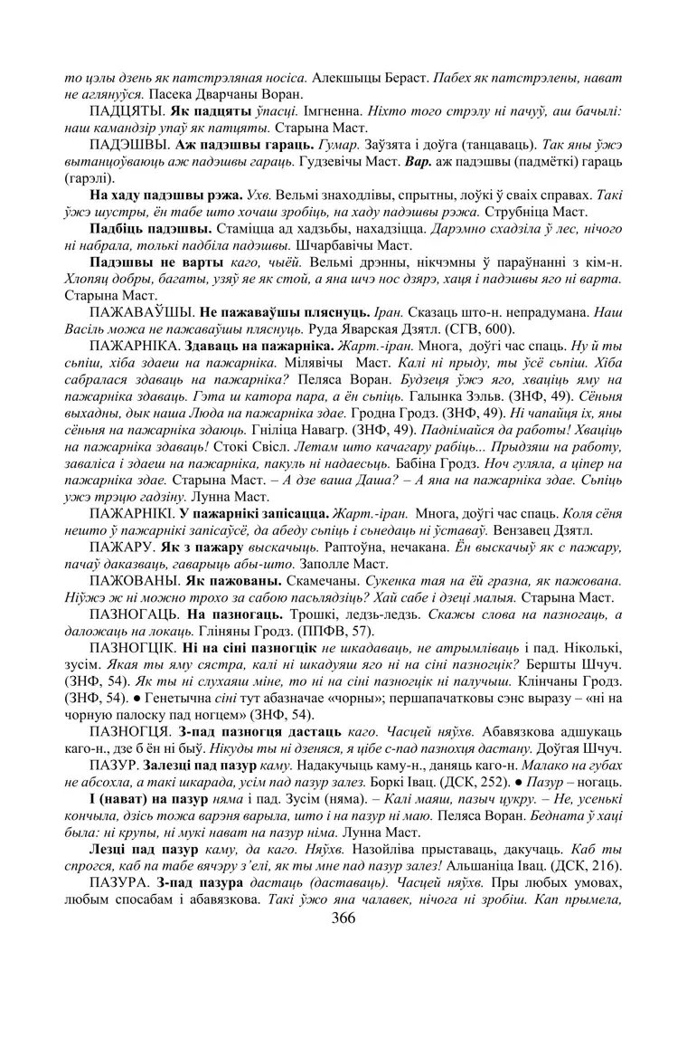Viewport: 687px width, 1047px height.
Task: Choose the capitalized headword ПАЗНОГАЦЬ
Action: pos(136,613)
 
